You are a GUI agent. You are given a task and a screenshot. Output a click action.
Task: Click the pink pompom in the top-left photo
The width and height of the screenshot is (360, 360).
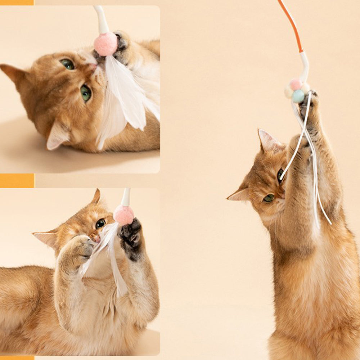[x=105, y=44]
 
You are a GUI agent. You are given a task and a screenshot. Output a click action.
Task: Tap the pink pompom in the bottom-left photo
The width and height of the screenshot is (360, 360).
[x=124, y=215]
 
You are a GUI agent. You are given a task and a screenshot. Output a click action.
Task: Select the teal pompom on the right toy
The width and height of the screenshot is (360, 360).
[x=298, y=96]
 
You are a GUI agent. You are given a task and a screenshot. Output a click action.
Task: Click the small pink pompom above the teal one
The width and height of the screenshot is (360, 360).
[x=296, y=85]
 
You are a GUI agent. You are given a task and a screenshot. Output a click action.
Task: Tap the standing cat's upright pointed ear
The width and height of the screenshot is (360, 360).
[x=269, y=141]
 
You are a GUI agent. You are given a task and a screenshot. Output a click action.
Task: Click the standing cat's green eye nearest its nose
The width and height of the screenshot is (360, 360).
[x=268, y=198]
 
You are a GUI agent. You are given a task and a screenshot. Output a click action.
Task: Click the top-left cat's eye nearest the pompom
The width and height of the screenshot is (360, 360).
[x=67, y=64]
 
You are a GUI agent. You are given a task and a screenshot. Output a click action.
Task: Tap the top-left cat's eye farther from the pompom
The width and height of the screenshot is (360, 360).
[x=86, y=93]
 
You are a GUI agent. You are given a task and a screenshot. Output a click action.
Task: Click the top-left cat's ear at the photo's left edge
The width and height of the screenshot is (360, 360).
[x=13, y=72]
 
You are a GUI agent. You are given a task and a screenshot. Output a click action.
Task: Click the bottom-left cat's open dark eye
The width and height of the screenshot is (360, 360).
[x=100, y=223]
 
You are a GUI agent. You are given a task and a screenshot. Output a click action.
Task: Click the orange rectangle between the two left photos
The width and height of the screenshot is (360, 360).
[x=17, y=180]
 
